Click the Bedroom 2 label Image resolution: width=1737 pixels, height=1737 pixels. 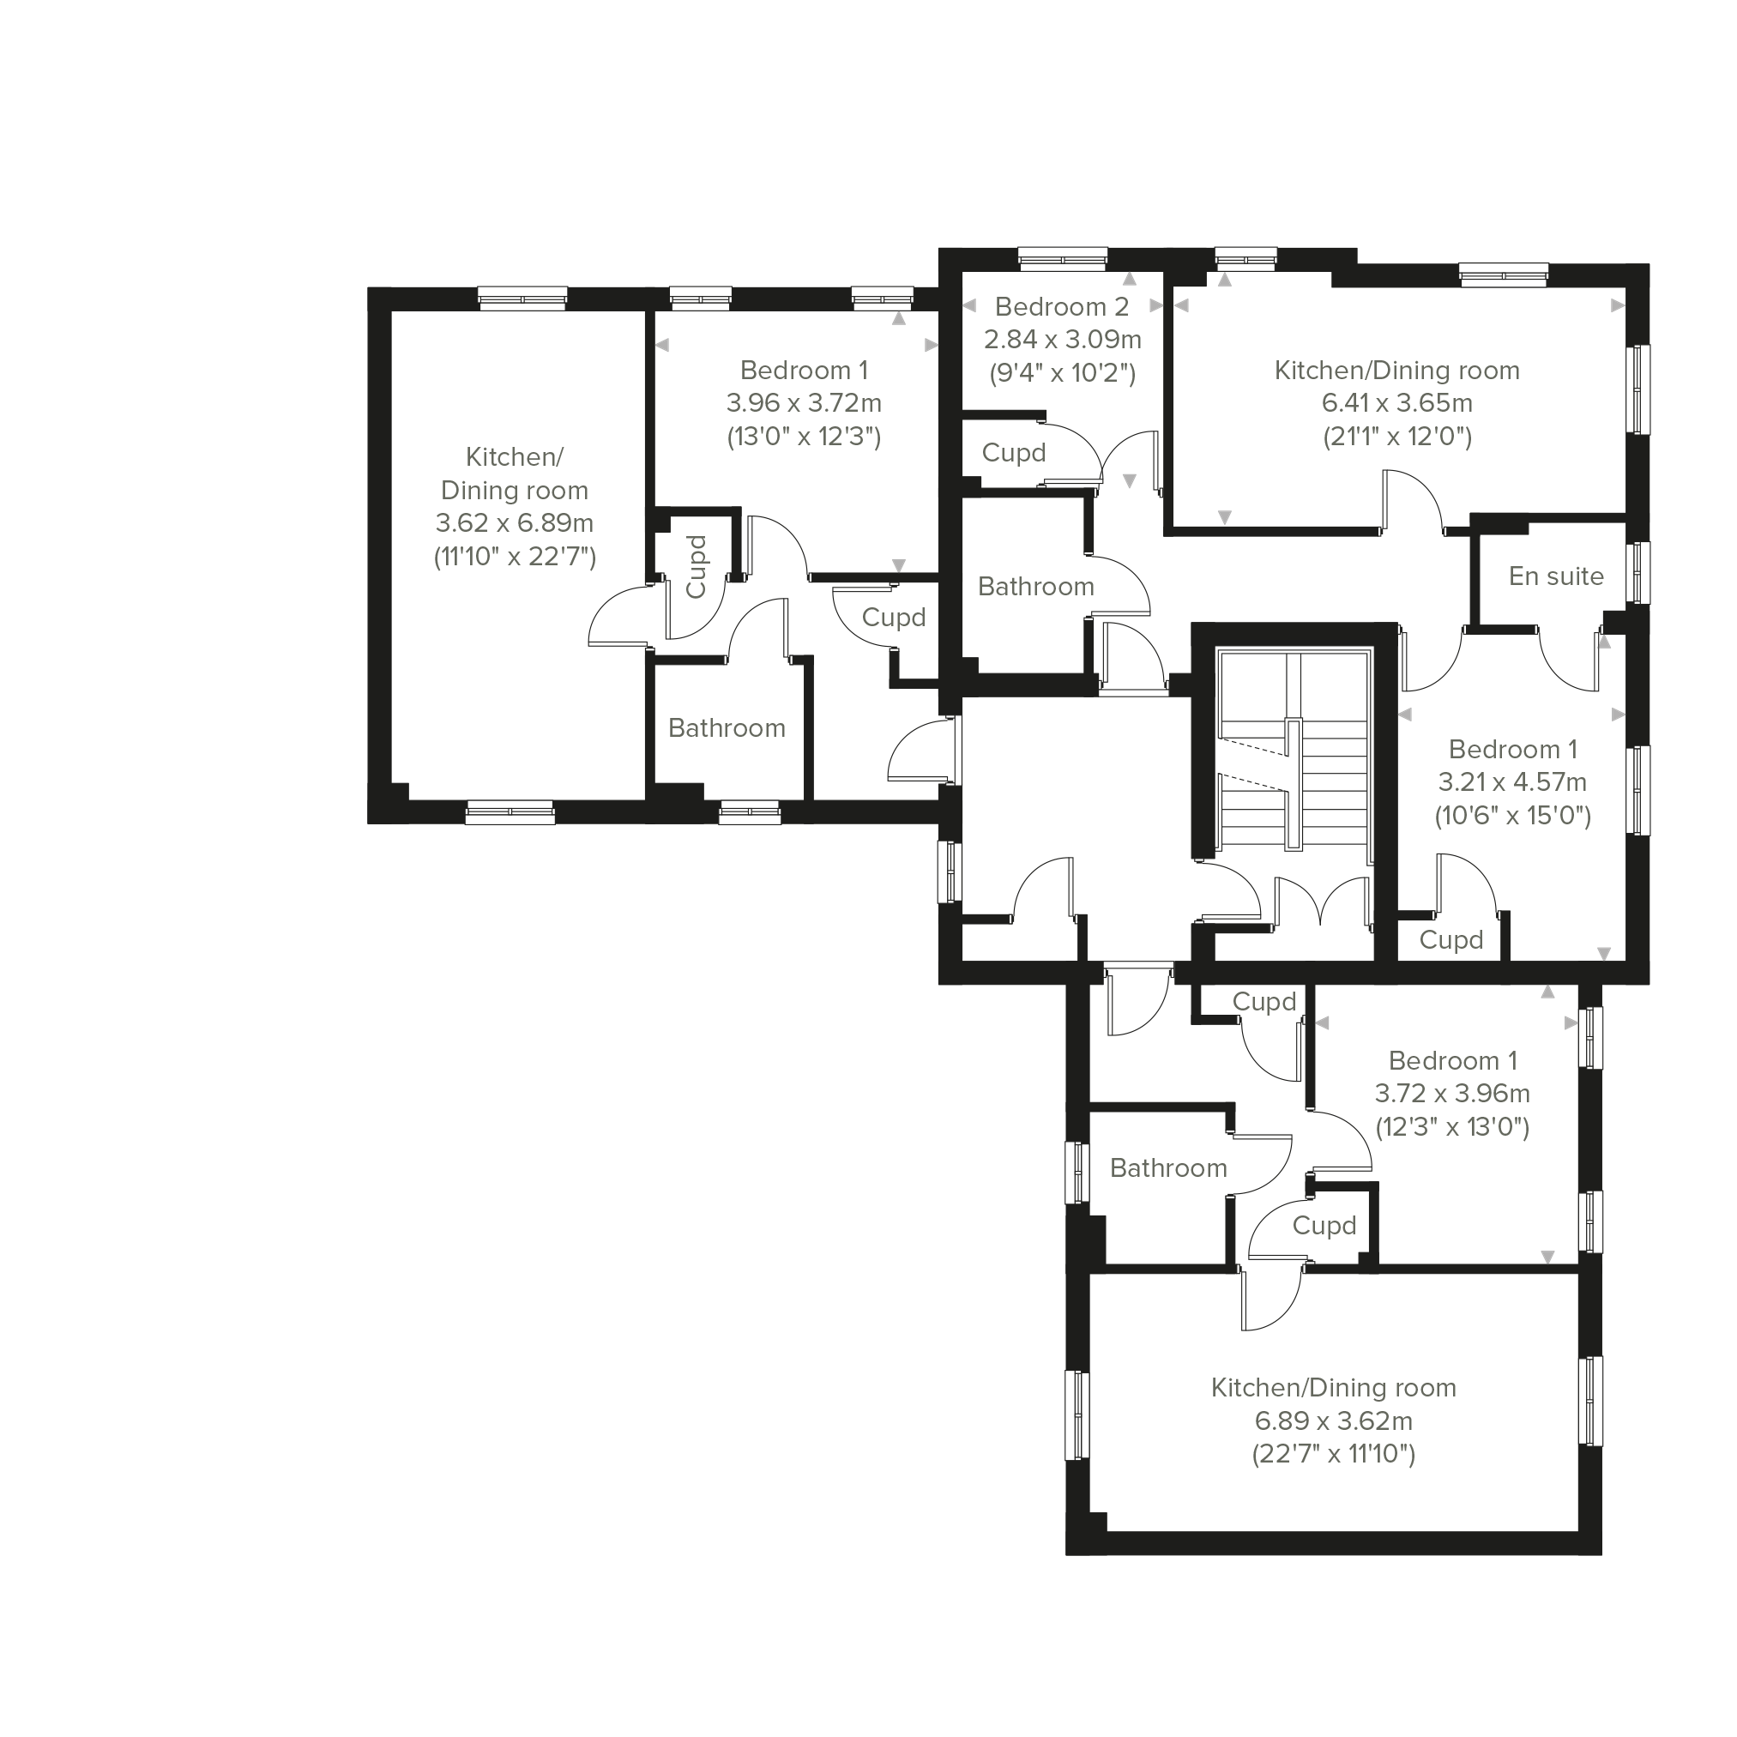1062,307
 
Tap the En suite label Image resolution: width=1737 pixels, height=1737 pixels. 1556,576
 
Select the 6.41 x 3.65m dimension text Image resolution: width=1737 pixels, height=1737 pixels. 1396,404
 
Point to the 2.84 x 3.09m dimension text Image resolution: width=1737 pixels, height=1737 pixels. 1063,340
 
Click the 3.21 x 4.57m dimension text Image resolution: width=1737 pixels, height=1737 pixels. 1512,782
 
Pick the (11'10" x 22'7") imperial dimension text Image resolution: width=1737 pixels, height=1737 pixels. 516,558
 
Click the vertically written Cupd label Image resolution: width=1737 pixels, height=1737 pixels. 696,566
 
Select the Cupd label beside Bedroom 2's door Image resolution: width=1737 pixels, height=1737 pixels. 1013,453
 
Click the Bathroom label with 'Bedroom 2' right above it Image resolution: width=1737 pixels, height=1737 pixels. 1035,587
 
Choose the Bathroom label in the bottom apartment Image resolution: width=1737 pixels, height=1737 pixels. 1168,1168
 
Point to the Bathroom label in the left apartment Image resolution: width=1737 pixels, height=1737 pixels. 727,728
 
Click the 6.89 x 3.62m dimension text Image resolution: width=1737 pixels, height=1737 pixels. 1333,1421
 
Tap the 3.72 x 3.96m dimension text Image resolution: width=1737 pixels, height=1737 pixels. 1452,1095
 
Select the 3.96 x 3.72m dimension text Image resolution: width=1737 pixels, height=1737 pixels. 804,404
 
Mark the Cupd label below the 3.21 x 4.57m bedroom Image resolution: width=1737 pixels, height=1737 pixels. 1451,940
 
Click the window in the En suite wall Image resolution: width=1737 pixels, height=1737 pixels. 1641,573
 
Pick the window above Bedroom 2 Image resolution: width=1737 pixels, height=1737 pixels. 1063,258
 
